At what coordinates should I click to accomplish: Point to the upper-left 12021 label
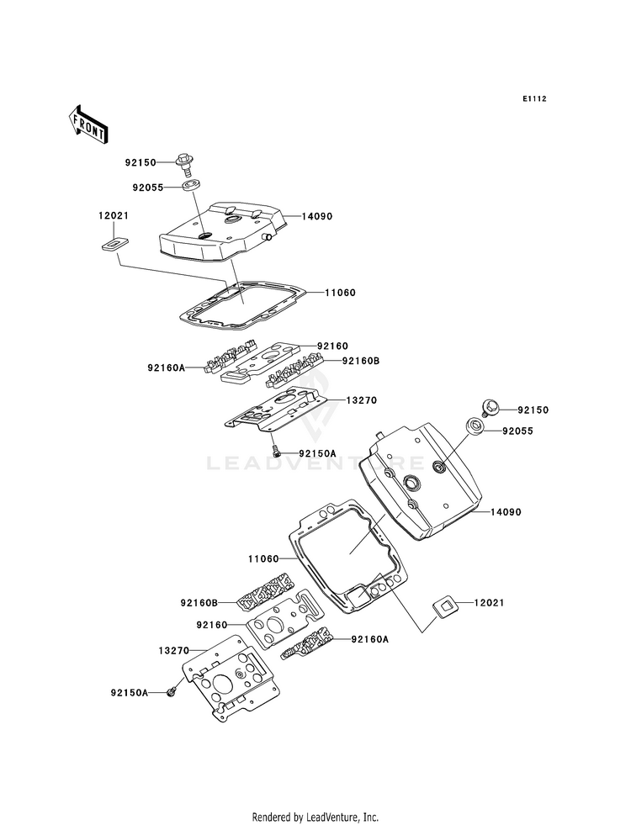tap(113, 216)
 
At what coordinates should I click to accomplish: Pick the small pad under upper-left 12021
tap(114, 245)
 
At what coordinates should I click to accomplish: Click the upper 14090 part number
tap(317, 216)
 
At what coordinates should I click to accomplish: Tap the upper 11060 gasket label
tap(340, 293)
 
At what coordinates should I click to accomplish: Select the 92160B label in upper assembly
tap(361, 361)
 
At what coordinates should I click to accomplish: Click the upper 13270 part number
tap(362, 399)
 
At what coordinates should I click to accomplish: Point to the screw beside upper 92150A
tap(274, 450)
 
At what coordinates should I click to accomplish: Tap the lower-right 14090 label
tap(506, 511)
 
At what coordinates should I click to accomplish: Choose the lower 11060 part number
tap(263, 558)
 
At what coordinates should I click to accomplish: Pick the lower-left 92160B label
tap(199, 602)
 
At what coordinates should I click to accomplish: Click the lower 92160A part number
tap(370, 639)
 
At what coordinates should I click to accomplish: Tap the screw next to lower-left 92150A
tap(170, 693)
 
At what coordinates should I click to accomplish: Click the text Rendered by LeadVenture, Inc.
tap(315, 817)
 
